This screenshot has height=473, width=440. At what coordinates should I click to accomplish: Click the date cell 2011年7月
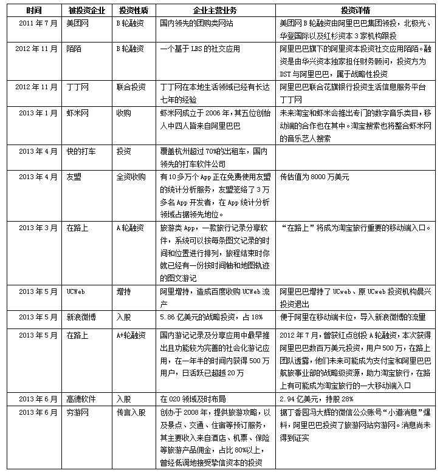[35, 22]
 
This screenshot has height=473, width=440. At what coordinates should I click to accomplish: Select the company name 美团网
[77, 22]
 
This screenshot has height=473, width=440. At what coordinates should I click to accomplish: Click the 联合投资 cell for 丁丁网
[131, 87]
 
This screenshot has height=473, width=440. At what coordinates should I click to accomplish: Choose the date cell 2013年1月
[35, 114]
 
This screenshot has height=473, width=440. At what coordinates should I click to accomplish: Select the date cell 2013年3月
[35, 228]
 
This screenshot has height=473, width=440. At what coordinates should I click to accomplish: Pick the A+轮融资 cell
[132, 334]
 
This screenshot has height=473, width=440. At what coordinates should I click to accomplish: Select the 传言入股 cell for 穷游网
[131, 413]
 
